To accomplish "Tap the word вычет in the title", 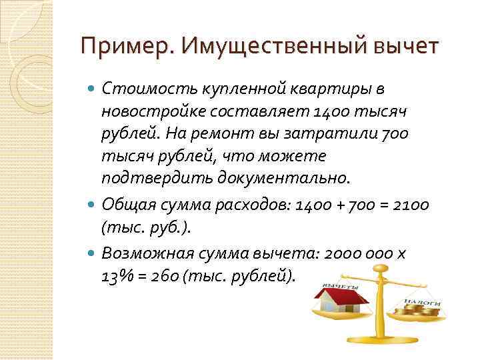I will point(407,47).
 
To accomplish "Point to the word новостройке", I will point(153,111).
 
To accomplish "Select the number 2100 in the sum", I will point(411,204).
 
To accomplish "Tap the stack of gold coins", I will point(421,309).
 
